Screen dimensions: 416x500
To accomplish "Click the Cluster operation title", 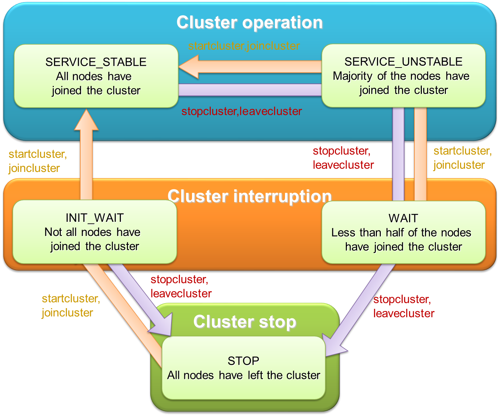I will [250, 23].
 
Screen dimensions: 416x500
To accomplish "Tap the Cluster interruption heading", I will [250, 196].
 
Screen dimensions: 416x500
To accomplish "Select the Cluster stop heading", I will [245, 322].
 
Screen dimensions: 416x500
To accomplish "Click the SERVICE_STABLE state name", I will [96, 62].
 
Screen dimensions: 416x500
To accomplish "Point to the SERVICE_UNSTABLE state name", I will [403, 62].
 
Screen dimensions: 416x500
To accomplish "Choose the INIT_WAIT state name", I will [95, 218].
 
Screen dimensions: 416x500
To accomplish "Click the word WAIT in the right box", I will [403, 218].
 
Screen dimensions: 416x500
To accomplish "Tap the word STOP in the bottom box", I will [243, 361].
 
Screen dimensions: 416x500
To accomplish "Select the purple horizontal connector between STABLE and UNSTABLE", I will [250, 90].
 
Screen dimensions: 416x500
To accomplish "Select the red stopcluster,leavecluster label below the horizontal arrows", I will [242, 111].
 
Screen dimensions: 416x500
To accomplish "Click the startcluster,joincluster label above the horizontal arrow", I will [244, 46].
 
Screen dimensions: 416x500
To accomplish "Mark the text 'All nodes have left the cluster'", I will [244, 375].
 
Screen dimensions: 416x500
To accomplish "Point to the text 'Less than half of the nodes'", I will [401, 232].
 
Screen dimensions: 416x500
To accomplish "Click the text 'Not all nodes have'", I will [92, 232].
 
